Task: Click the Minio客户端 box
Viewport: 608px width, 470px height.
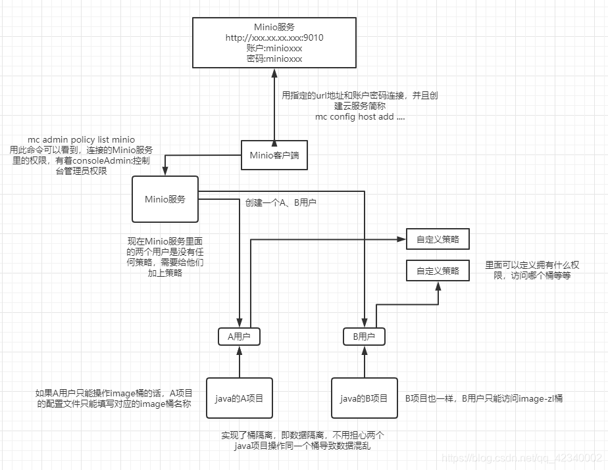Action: click(x=274, y=156)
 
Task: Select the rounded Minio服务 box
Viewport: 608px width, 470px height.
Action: click(x=165, y=199)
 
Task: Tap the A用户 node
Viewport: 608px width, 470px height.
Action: click(x=240, y=337)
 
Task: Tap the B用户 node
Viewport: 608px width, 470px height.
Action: click(x=364, y=337)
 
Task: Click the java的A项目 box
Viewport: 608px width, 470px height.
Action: click(x=239, y=398)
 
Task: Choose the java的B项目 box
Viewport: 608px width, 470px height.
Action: click(x=364, y=398)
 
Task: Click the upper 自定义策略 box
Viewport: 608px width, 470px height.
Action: click(x=438, y=240)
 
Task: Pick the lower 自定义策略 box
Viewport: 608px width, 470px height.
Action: click(x=438, y=270)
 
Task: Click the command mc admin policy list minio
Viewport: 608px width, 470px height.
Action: click(x=81, y=139)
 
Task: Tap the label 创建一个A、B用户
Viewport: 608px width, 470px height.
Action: click(x=281, y=203)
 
